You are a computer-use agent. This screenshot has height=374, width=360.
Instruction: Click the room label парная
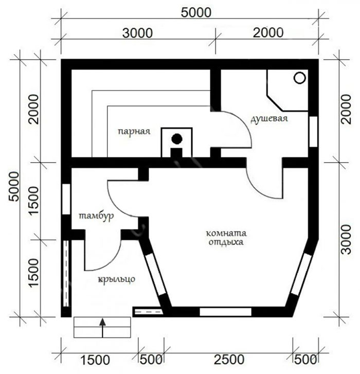tap(134, 131)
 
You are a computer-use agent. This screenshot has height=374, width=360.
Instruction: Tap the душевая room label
tap(269, 118)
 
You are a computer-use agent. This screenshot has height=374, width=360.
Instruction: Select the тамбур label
tap(96, 217)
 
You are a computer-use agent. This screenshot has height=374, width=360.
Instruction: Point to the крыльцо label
tap(117, 279)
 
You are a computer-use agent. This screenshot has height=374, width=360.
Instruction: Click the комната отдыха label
tap(226, 238)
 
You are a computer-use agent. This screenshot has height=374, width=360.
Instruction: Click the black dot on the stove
tap(177, 139)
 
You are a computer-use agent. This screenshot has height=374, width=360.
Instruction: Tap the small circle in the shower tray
tap(300, 78)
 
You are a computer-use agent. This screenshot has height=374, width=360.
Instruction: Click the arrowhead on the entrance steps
tap(102, 322)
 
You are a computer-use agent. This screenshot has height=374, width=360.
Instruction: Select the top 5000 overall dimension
tap(196, 12)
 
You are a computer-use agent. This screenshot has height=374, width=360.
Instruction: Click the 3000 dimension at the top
tap(137, 33)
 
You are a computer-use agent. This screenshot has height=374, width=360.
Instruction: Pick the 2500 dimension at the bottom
tap(229, 360)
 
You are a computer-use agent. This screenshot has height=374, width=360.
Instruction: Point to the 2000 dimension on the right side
tap(347, 109)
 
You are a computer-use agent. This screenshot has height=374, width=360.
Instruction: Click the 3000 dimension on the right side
tap(347, 239)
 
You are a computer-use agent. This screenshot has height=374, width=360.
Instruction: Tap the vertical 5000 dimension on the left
tap(13, 187)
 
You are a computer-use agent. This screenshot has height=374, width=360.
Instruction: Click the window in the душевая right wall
tap(313, 132)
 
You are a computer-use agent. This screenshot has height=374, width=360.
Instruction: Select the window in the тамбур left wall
tap(66, 199)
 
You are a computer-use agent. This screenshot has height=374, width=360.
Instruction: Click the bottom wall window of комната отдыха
tap(226, 312)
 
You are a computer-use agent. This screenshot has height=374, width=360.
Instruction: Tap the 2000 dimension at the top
tap(268, 33)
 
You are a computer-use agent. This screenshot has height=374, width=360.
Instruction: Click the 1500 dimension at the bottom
tap(95, 360)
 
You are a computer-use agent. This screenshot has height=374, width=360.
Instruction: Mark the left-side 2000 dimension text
tap(33, 109)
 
